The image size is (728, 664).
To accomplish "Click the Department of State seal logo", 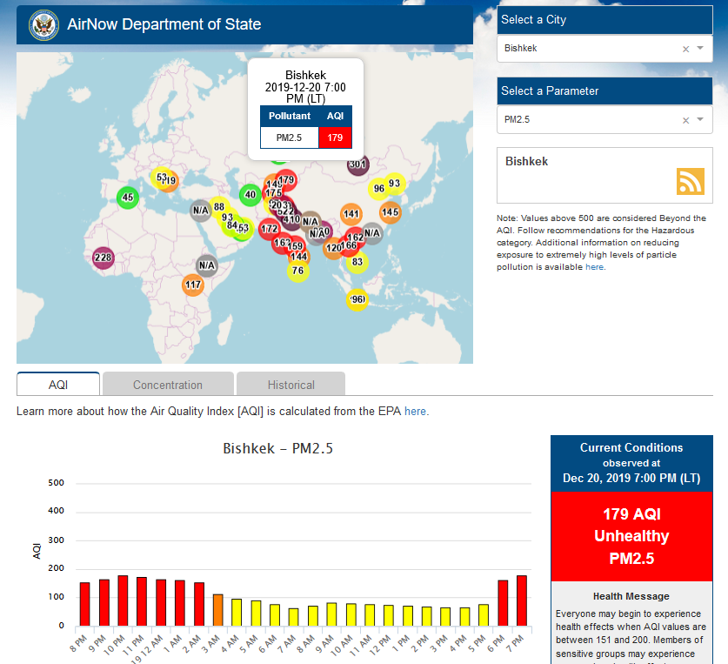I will pyautogui.click(x=42, y=24).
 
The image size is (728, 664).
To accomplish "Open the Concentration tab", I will pyautogui.click(x=168, y=385).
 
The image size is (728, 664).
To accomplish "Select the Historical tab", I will pyautogui.click(x=291, y=385).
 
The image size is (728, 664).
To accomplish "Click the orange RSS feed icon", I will pyautogui.click(x=690, y=181).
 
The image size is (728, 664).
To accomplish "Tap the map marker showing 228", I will pyautogui.click(x=104, y=258).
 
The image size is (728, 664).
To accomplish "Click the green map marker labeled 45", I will pyautogui.click(x=128, y=198).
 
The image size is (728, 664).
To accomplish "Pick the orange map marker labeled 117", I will pyautogui.click(x=193, y=285).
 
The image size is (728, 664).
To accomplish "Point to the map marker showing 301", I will pyautogui.click(x=357, y=164).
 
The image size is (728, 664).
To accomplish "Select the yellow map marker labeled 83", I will pyautogui.click(x=357, y=262).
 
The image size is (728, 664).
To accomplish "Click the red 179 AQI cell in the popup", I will pyautogui.click(x=335, y=137).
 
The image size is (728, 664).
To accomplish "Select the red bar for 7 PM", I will pyautogui.click(x=522, y=600).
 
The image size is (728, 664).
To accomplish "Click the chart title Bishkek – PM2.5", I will pyautogui.click(x=278, y=449).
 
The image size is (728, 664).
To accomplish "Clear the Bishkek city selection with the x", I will pyautogui.click(x=685, y=49).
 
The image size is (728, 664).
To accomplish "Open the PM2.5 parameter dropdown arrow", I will pyautogui.click(x=700, y=119).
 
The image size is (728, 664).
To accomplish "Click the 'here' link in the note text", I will pyautogui.click(x=594, y=267).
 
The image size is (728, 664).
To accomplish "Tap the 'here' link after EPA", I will pyautogui.click(x=415, y=411).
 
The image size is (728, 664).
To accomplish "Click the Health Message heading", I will pyautogui.click(x=631, y=596).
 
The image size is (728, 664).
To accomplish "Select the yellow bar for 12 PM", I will pyautogui.click(x=389, y=615).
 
